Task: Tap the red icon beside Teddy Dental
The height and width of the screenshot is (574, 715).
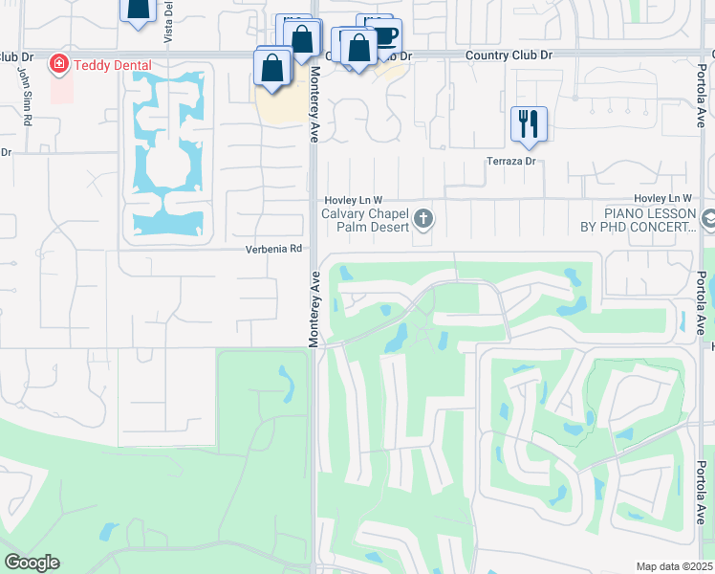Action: coord(58,63)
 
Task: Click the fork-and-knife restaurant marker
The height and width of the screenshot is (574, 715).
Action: coord(529,123)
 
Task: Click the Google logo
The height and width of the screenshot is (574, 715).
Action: coord(32,563)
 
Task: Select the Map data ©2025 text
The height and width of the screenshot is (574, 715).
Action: coord(673,566)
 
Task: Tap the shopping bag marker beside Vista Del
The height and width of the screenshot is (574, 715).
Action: coord(138,8)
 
